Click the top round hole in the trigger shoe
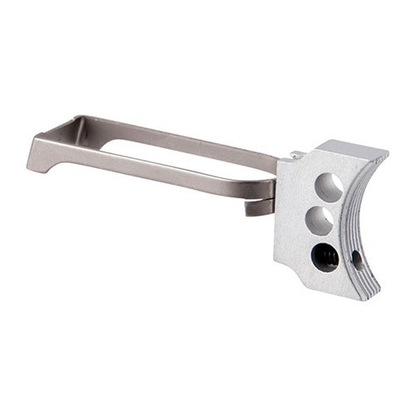(x=328, y=188)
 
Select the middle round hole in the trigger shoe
(x=320, y=220)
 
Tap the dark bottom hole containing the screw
(x=324, y=257)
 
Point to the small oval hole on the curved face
(x=357, y=259)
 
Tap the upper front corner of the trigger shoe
(x=384, y=154)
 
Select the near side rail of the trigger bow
(x=158, y=171)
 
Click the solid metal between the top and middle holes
(x=324, y=204)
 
